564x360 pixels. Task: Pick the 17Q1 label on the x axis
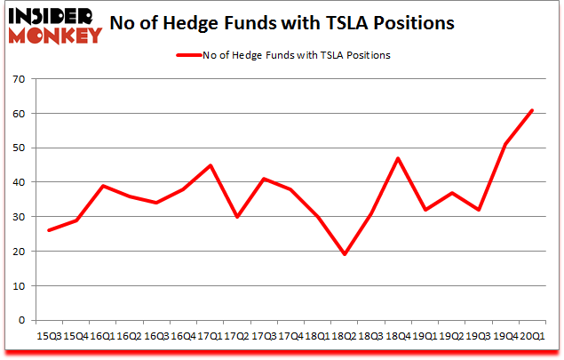click(x=211, y=336)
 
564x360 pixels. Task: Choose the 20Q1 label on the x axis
click(x=531, y=336)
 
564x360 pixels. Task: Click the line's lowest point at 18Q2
click(x=344, y=254)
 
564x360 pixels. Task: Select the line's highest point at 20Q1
click(x=531, y=110)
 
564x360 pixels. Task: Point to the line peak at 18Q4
click(x=396, y=158)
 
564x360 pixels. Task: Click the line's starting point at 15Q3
click(x=49, y=230)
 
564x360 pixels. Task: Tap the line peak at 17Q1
click(x=210, y=165)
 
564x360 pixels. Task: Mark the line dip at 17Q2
click(x=236, y=217)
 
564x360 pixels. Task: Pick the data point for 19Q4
click(x=504, y=145)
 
